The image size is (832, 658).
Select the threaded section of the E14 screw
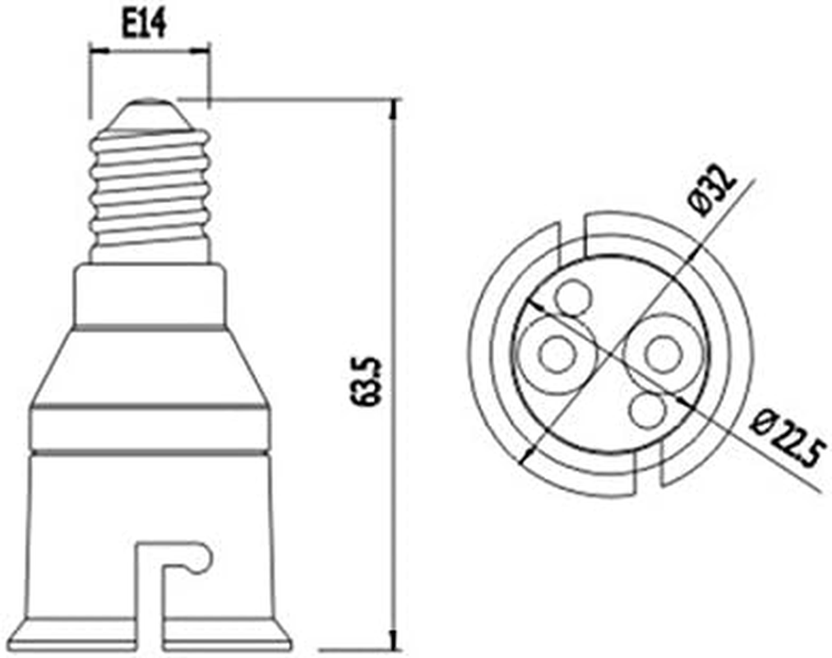point(150,193)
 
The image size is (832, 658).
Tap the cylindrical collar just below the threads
point(150,294)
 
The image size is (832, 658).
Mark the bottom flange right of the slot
point(226,631)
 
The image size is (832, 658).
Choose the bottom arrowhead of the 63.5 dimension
point(395,646)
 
